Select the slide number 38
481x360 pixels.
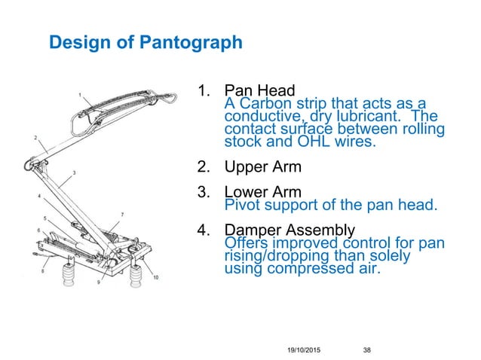point(368,349)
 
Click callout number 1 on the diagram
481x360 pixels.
point(81,95)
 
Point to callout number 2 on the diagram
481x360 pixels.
point(34,137)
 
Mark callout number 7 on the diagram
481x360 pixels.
point(122,215)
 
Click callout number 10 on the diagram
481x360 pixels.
point(156,278)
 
